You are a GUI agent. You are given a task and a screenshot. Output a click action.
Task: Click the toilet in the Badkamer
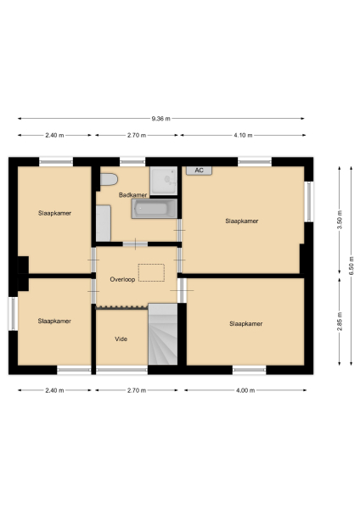[x=108, y=180]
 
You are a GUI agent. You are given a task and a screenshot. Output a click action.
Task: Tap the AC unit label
[x=199, y=171]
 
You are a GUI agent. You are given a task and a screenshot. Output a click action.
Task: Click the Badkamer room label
[x=132, y=194]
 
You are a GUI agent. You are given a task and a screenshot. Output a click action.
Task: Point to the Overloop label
[x=124, y=277]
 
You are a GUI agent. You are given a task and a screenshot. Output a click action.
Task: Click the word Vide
[x=121, y=338]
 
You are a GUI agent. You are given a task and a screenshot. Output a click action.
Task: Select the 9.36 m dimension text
[x=160, y=119]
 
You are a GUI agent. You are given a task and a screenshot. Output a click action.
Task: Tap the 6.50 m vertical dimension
[x=351, y=265]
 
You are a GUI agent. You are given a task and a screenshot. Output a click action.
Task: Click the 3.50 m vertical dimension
[x=339, y=219]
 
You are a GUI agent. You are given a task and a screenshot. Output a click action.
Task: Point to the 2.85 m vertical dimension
[x=339, y=325]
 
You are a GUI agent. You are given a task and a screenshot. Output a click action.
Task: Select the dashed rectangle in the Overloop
[x=151, y=271]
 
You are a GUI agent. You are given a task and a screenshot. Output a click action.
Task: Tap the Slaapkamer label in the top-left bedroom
[x=54, y=213]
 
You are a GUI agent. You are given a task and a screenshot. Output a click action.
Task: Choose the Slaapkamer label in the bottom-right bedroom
[x=245, y=323]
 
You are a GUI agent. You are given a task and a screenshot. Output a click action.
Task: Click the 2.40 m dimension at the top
[x=54, y=135]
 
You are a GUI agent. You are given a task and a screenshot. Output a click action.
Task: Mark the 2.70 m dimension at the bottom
[x=136, y=390]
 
